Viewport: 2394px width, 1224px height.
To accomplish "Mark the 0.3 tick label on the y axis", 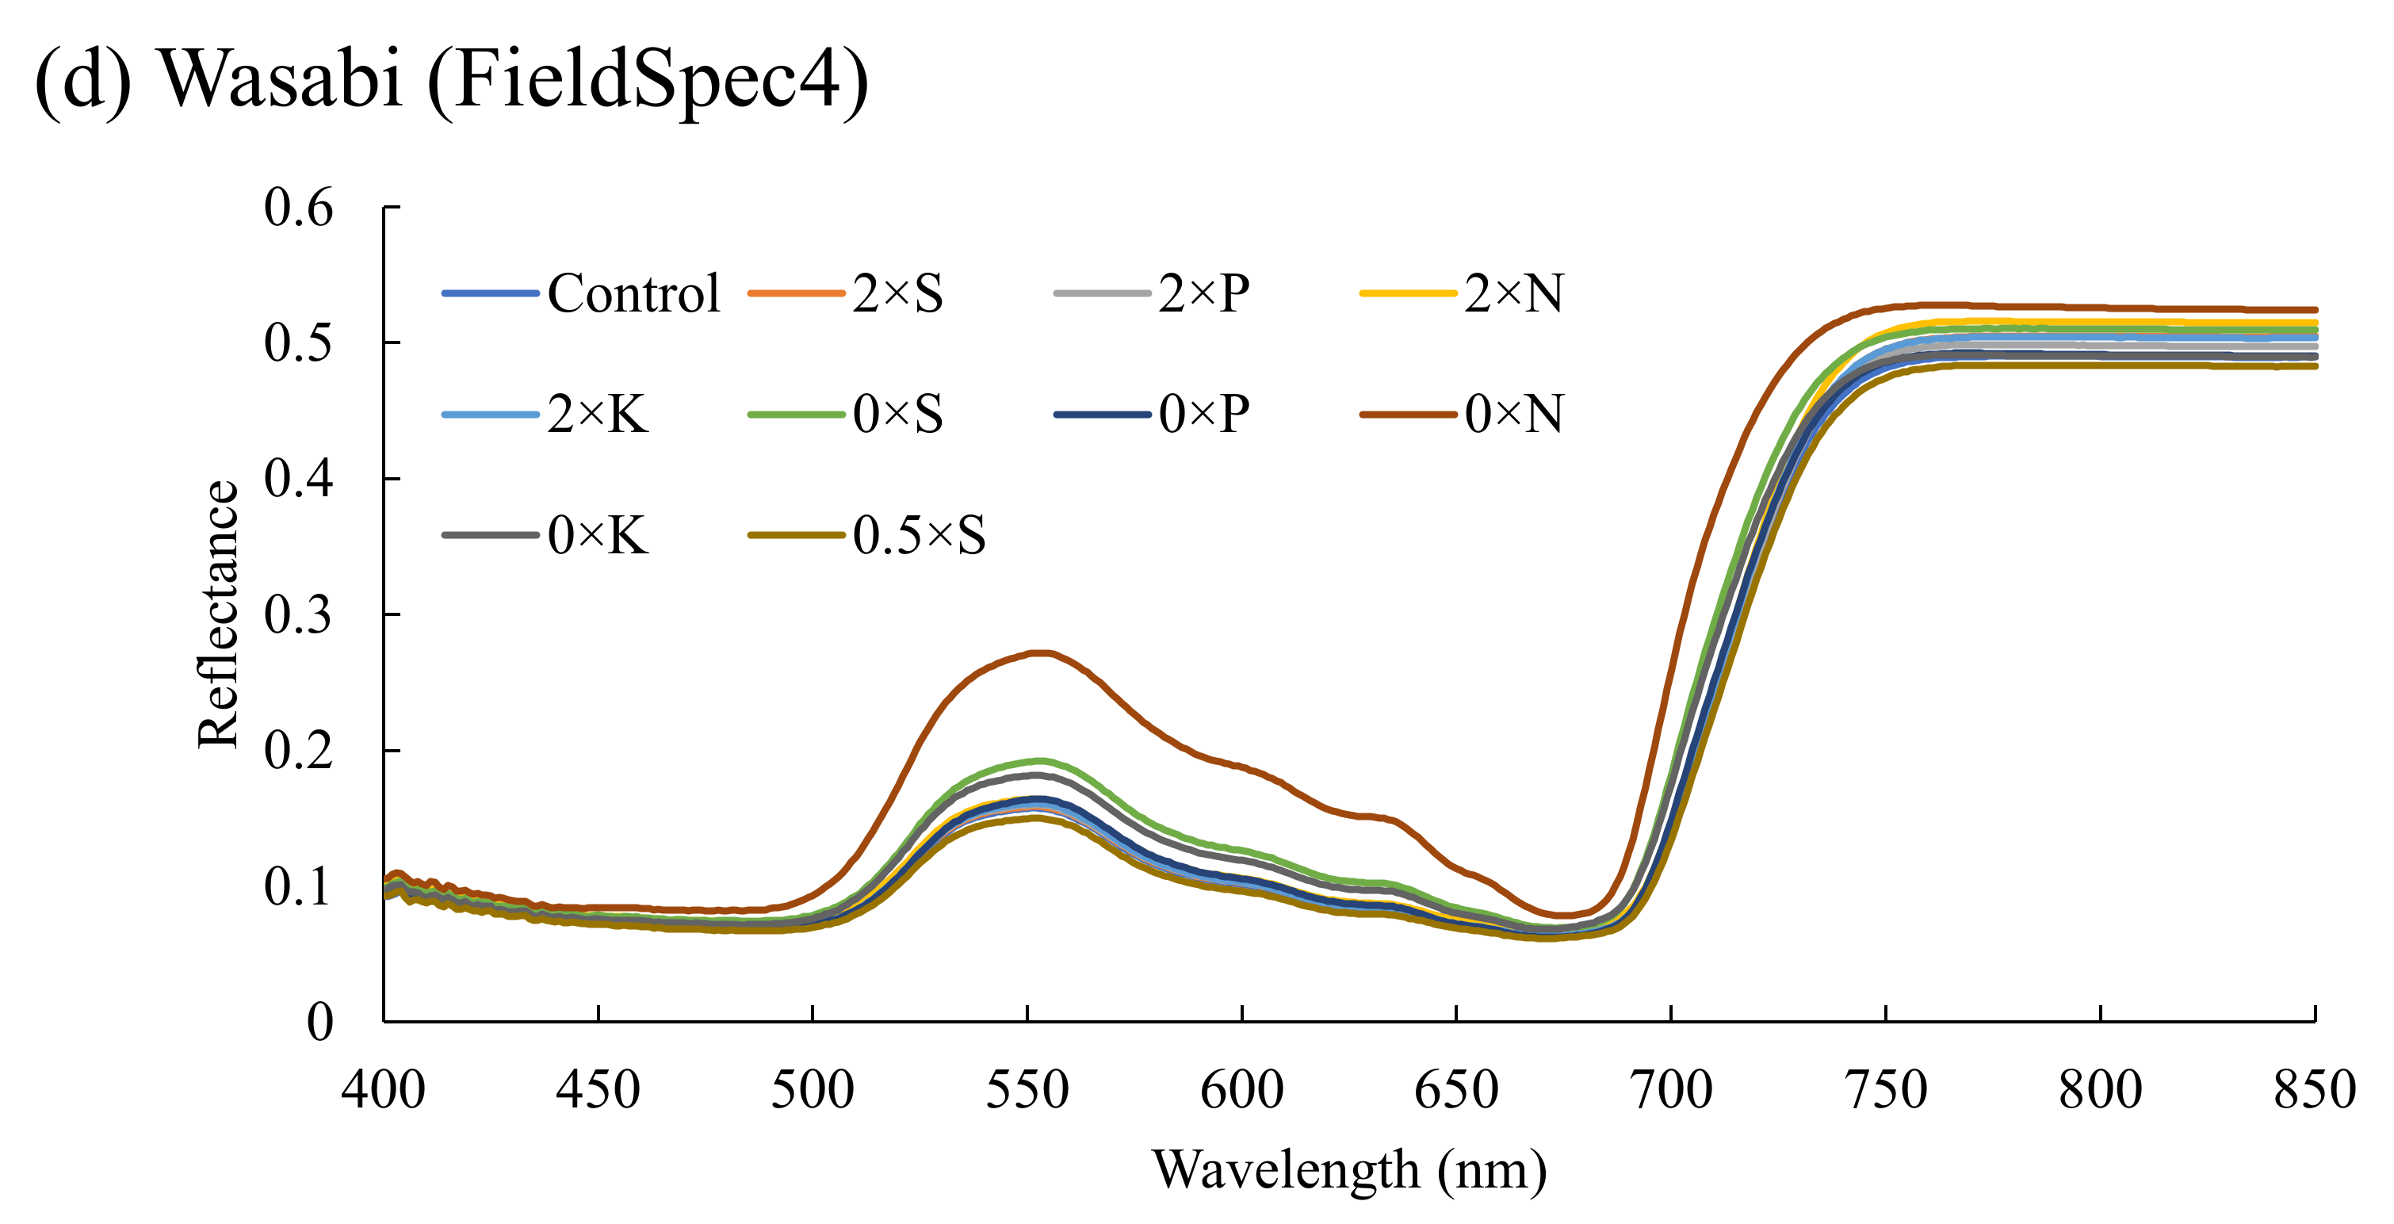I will click(x=298, y=614).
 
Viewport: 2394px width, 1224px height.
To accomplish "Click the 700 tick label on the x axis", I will click(x=1670, y=1090).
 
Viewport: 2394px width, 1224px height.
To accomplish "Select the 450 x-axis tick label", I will click(x=598, y=1090).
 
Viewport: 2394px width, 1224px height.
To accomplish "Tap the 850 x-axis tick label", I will click(x=2314, y=1090).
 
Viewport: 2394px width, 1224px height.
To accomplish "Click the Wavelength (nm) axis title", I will click(x=1349, y=1169).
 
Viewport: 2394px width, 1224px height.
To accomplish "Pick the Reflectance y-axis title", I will click(x=220, y=614).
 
